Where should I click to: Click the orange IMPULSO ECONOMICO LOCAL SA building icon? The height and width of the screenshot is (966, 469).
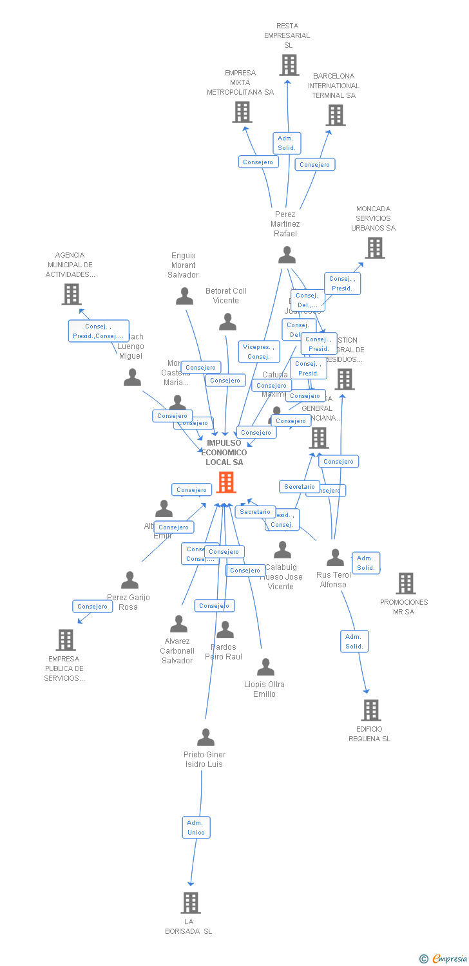(226, 482)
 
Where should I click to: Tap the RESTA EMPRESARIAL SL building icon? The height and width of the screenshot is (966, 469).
(289, 65)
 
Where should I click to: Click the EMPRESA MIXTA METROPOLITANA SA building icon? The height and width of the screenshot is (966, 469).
(242, 112)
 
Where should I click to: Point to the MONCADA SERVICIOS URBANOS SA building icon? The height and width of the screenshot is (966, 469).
(375, 248)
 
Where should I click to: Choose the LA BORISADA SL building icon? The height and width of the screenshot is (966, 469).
(191, 903)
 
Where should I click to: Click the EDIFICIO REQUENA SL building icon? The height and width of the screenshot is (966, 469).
(371, 710)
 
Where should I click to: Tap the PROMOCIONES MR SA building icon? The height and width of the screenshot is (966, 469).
(406, 583)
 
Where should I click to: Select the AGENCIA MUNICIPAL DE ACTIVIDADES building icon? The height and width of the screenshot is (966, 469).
(72, 294)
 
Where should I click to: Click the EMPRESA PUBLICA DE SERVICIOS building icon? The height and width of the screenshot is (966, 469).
(66, 640)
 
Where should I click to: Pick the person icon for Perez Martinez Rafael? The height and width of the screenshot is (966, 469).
(287, 255)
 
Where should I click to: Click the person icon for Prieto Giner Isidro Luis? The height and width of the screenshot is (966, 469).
(206, 737)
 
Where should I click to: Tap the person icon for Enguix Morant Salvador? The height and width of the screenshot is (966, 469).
(185, 296)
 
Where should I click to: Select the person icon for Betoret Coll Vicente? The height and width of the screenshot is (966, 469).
(227, 322)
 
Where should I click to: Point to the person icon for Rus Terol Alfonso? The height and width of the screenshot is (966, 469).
(335, 558)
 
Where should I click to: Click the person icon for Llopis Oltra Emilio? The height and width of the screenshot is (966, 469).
(265, 667)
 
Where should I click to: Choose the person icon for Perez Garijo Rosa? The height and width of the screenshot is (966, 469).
(130, 580)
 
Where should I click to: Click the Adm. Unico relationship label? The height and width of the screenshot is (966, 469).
(196, 828)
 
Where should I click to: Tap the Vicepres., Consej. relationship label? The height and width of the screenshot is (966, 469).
(258, 352)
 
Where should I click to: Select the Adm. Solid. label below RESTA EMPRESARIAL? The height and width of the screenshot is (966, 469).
(287, 143)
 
